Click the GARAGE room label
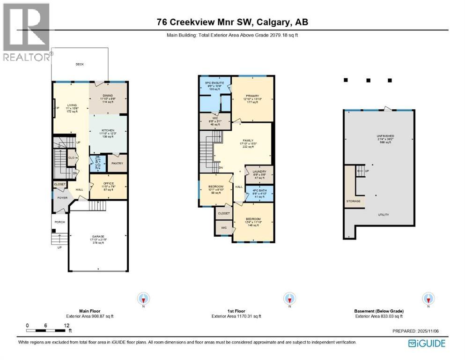pos(98,237)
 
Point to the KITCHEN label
pos(108,131)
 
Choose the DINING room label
pos(108,96)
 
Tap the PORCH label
pos(59,222)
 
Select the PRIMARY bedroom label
pos(252,96)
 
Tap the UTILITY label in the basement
pos(384,215)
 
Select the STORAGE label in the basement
pos(354,201)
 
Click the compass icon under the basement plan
pos(428,298)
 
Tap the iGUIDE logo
pos(427,344)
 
